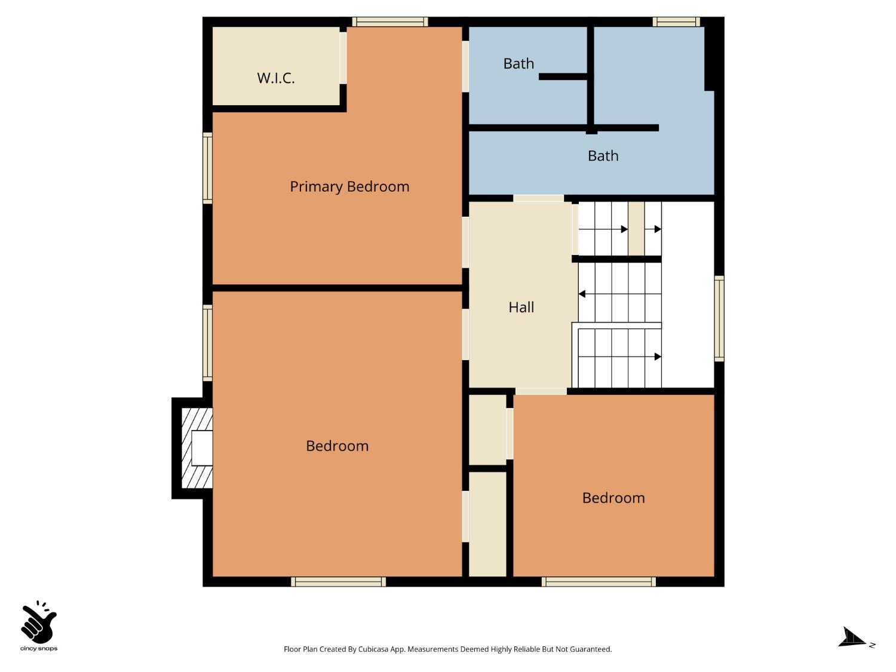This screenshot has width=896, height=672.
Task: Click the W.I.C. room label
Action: [275, 78]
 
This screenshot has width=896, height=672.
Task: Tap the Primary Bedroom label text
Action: [349, 186]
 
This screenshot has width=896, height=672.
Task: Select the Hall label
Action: [521, 307]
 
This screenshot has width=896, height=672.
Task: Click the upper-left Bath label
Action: [518, 64]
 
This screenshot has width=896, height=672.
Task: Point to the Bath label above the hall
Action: [603, 156]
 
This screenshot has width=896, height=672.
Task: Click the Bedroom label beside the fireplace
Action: [337, 446]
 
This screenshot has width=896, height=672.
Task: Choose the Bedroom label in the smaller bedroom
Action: [613, 498]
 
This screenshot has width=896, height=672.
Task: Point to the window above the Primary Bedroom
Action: [390, 22]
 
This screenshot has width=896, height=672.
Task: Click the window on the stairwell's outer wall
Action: [719, 318]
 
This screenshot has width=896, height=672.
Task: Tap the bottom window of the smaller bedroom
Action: [599, 582]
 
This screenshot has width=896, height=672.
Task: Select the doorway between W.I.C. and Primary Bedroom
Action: [343, 58]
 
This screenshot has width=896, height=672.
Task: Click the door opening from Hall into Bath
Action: [538, 198]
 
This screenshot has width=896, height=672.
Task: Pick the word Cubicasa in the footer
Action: [373, 649]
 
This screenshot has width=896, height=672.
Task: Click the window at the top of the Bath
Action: [676, 22]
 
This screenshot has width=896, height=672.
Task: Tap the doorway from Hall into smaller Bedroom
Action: [541, 391]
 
